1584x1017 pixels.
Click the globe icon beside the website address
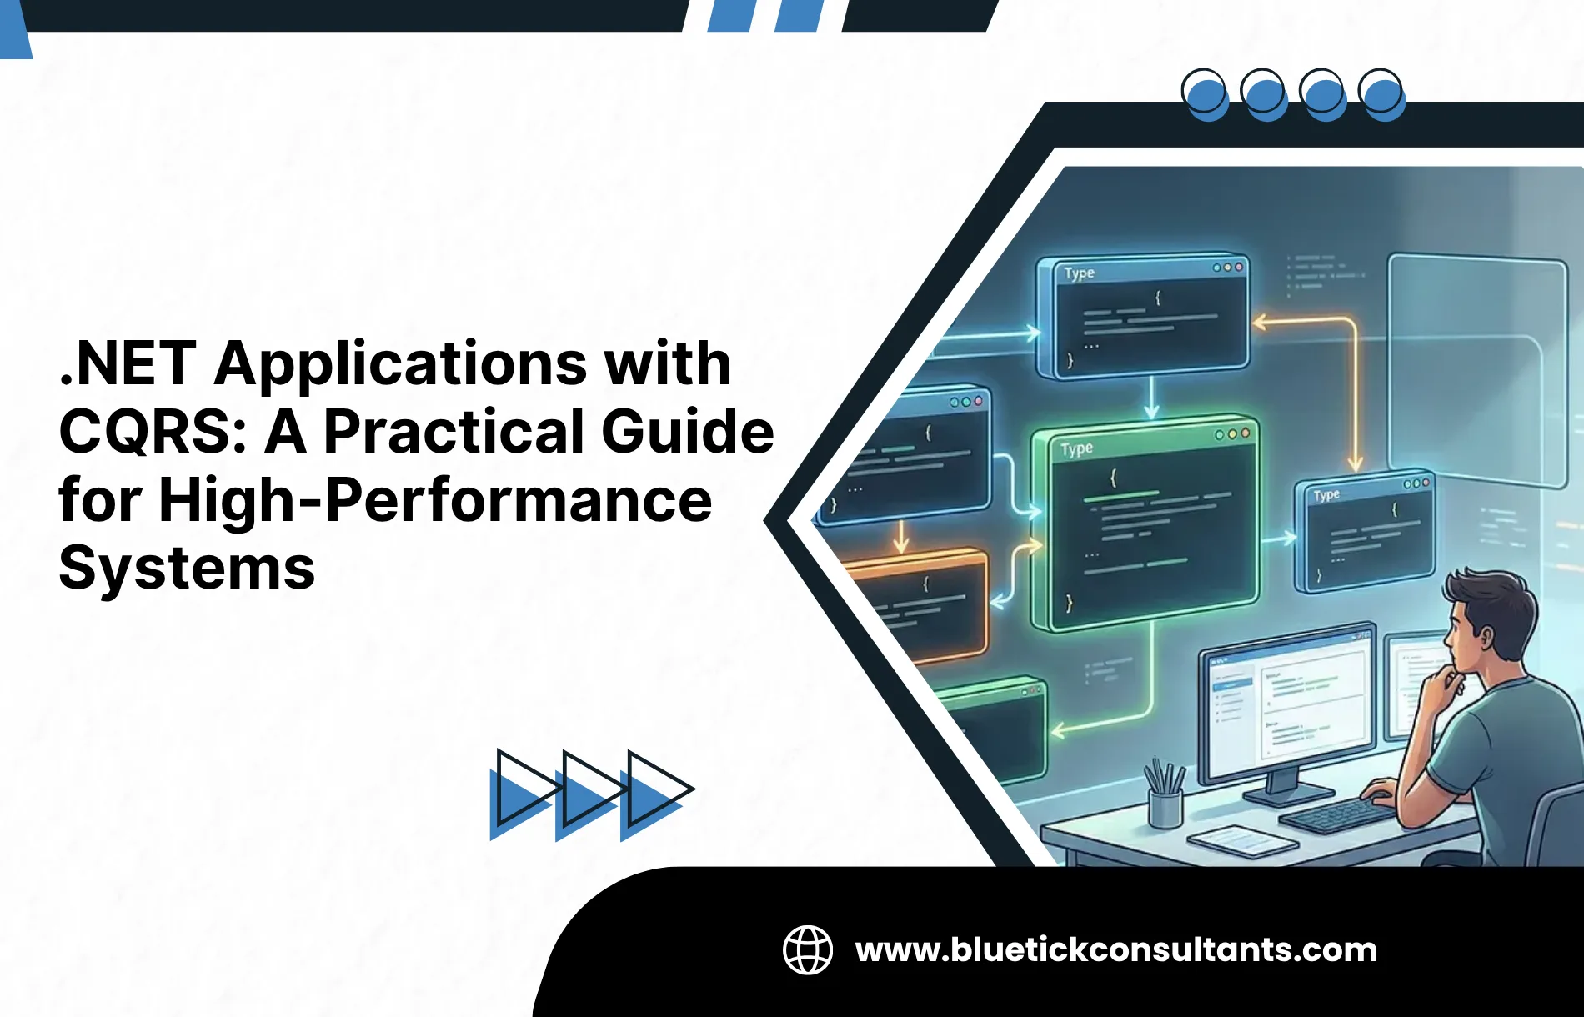pyautogui.click(x=807, y=949)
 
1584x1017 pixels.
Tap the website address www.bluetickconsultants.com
pyautogui.click(x=1115, y=950)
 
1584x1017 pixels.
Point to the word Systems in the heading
pyautogui.click(x=187, y=569)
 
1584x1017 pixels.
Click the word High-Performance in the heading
pyautogui.click(x=434, y=500)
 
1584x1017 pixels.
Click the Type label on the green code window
pyautogui.click(x=1076, y=449)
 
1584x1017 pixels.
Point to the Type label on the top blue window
pyautogui.click(x=1079, y=273)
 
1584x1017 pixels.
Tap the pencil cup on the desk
pyautogui.click(x=1165, y=805)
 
